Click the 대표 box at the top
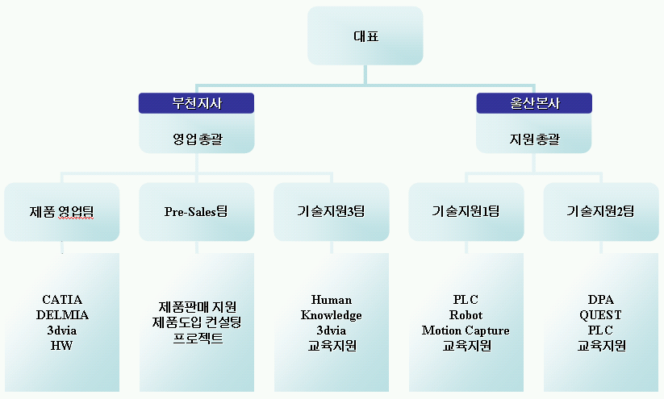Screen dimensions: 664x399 pyautogui.click(x=365, y=35)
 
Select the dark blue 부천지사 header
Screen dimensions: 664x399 pyautogui.click(x=197, y=103)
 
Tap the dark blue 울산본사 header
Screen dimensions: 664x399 pyautogui.click(x=534, y=103)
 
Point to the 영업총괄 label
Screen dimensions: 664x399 pyautogui.click(x=198, y=139)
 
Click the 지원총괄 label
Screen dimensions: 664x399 pyautogui.click(x=534, y=139)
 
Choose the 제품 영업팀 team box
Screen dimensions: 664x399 pyautogui.click(x=62, y=211)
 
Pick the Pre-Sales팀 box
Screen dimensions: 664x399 pyautogui.click(x=197, y=211)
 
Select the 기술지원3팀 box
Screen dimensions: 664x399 pyautogui.click(x=331, y=211)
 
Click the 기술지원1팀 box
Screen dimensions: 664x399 pyautogui.click(x=466, y=211)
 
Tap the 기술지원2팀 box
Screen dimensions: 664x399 pyautogui.click(x=601, y=211)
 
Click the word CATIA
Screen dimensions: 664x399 pyautogui.click(x=62, y=300)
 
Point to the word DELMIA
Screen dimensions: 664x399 pyautogui.click(x=62, y=315)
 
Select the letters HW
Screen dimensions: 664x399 pyautogui.click(x=62, y=346)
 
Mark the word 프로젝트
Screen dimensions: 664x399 pyautogui.click(x=198, y=338)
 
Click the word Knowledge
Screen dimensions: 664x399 pyautogui.click(x=331, y=315)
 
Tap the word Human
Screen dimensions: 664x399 pyautogui.click(x=331, y=300)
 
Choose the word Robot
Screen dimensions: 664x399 pyautogui.click(x=466, y=315)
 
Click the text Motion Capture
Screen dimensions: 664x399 pyautogui.click(x=466, y=330)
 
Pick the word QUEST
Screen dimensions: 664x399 pyautogui.click(x=600, y=315)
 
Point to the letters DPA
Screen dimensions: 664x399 pyautogui.click(x=600, y=300)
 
